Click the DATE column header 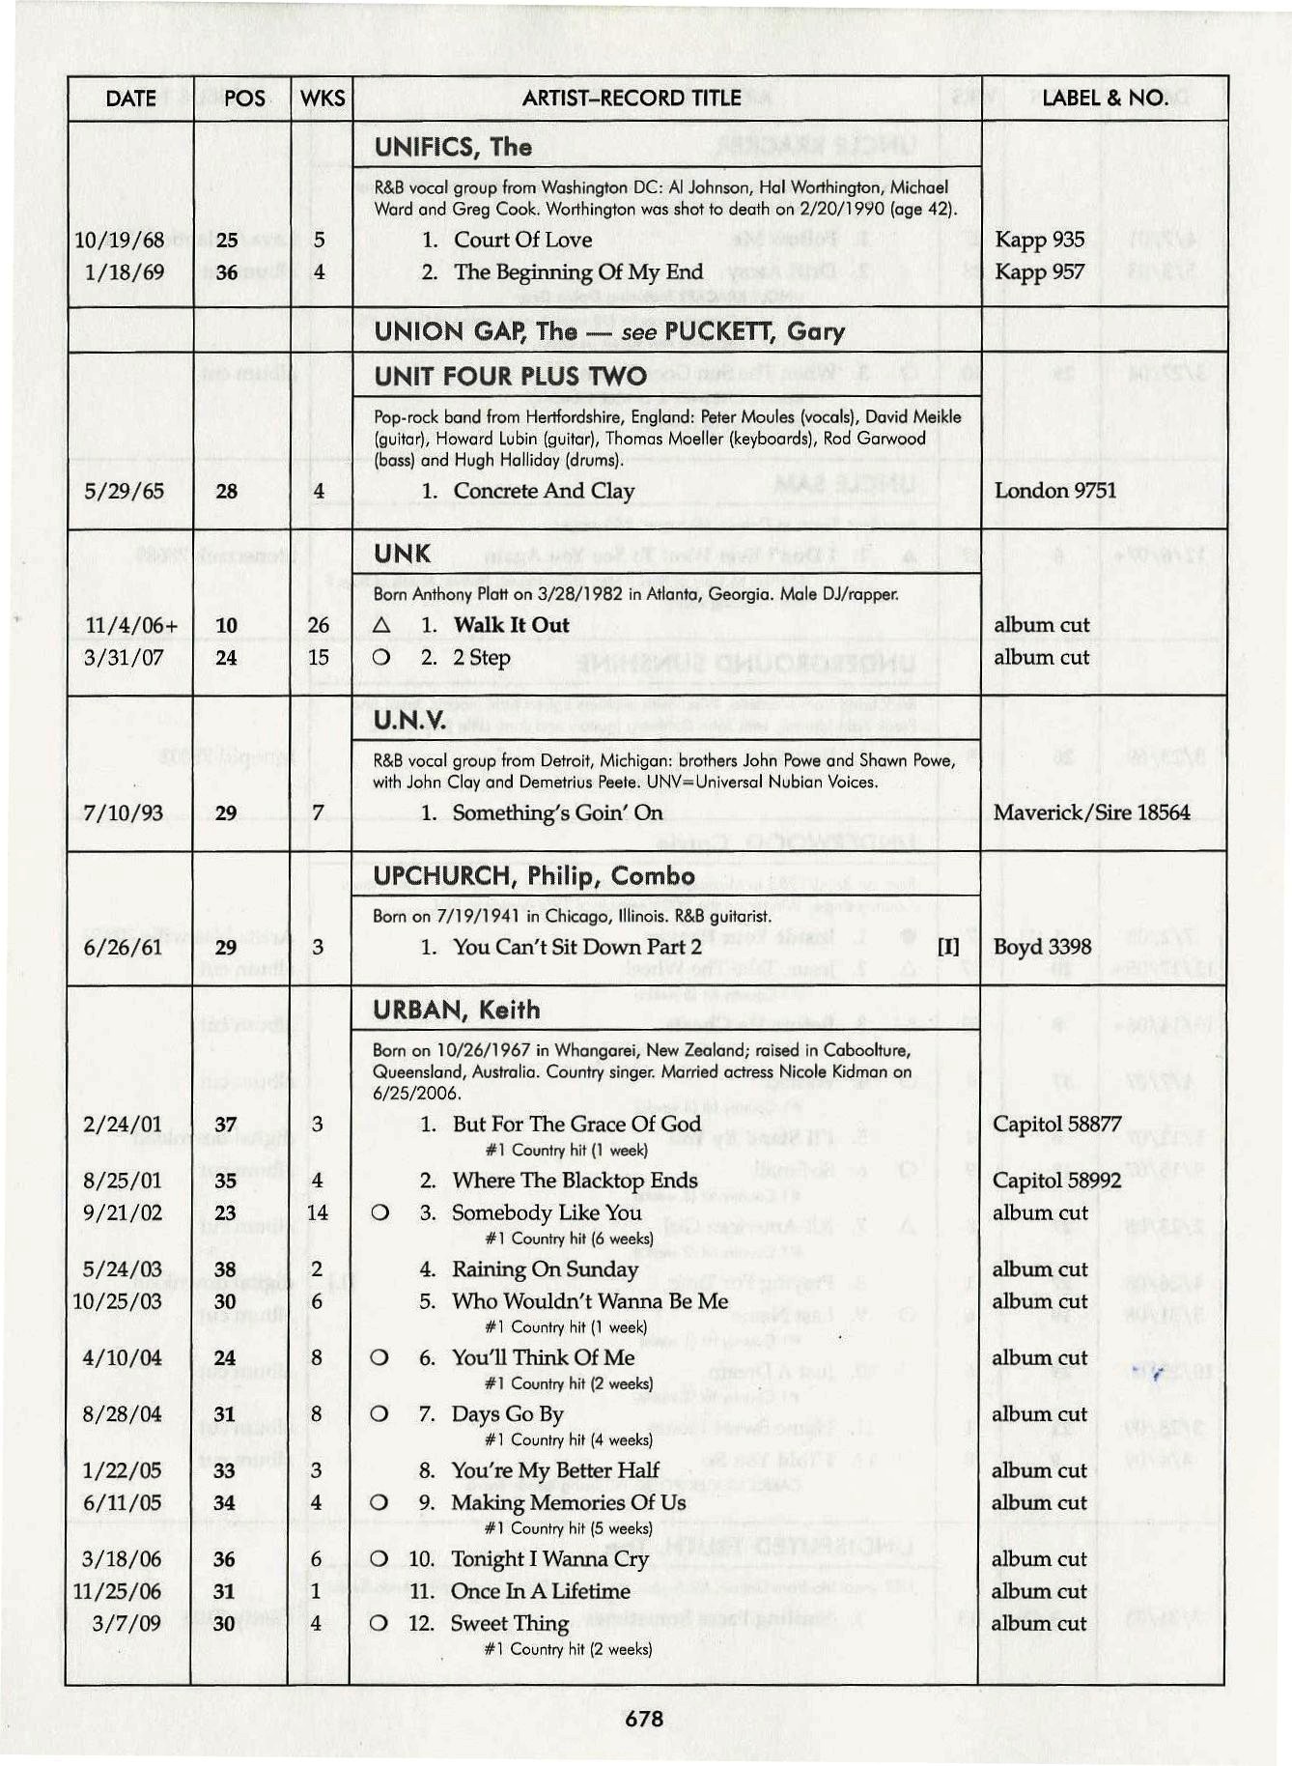click(x=130, y=99)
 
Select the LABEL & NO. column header click(x=1105, y=98)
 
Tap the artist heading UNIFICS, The click(x=453, y=147)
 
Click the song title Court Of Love click(x=522, y=240)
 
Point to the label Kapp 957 click(x=1039, y=271)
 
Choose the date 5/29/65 click(x=124, y=491)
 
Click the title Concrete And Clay click(x=544, y=491)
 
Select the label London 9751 click(x=1054, y=490)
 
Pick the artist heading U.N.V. click(x=409, y=721)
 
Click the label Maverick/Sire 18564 click(x=1091, y=812)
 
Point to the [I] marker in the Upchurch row click(x=948, y=947)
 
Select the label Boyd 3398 click(x=1042, y=947)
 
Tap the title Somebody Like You click(x=546, y=1212)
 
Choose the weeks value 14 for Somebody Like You click(x=317, y=1212)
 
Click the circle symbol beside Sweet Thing click(x=379, y=1623)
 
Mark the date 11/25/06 click(x=117, y=1591)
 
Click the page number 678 click(x=644, y=1718)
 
